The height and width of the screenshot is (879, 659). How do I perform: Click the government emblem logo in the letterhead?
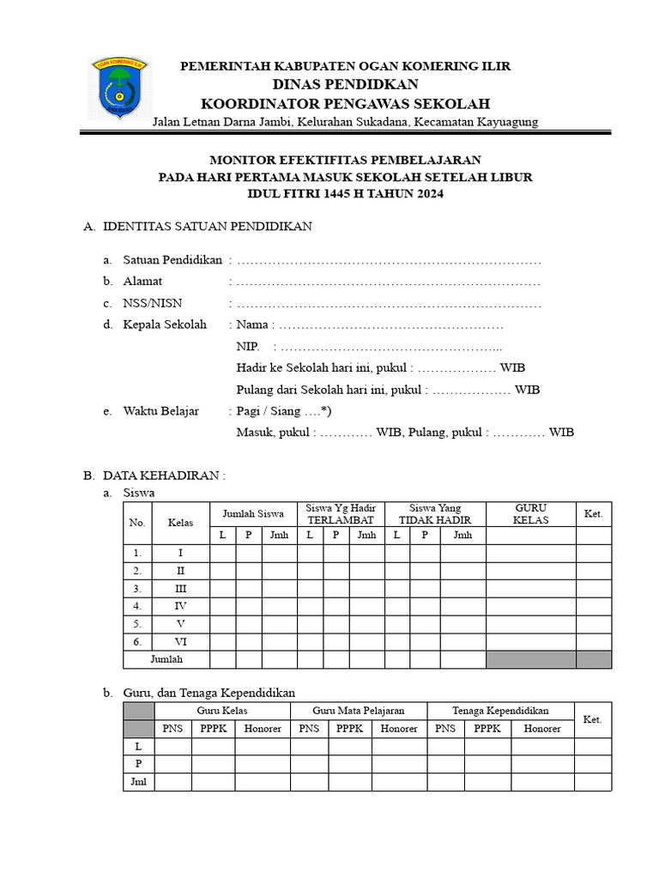(x=119, y=90)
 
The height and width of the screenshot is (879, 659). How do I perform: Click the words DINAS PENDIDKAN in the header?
(x=345, y=84)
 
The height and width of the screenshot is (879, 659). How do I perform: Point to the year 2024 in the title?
(x=431, y=194)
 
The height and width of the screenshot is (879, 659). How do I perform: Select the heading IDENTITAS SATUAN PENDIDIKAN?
(x=208, y=227)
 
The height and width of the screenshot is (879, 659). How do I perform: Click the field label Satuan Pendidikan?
(x=172, y=260)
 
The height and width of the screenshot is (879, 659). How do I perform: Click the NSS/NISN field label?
(x=153, y=303)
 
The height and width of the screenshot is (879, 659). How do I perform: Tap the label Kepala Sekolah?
(x=165, y=324)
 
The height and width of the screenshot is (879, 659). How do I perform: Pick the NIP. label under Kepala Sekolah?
(x=248, y=347)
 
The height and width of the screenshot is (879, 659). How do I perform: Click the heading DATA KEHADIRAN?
(x=163, y=475)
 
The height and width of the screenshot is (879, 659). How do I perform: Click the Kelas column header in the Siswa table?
(x=180, y=522)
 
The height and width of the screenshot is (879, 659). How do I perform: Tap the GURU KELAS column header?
(x=530, y=514)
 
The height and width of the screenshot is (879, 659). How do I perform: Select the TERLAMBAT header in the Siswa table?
(x=341, y=520)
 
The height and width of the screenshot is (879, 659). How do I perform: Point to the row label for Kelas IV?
(x=180, y=606)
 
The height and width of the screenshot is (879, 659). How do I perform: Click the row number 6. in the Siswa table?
(x=137, y=641)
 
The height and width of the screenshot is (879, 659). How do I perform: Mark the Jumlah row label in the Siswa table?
(x=167, y=659)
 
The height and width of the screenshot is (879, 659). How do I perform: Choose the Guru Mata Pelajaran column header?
(x=358, y=711)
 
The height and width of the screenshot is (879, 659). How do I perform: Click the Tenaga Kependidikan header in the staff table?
(x=500, y=711)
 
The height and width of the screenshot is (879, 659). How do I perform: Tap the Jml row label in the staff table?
(x=138, y=781)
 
